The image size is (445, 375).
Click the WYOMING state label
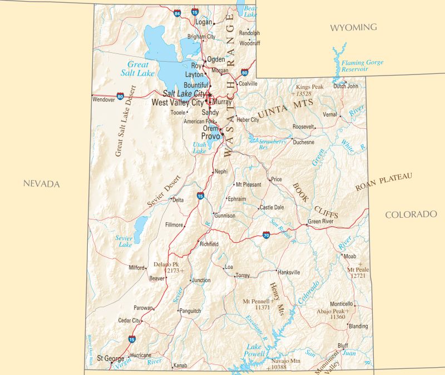(353, 27)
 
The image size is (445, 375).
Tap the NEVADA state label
(41, 184)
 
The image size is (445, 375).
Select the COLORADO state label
(411, 214)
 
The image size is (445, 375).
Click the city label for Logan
(204, 22)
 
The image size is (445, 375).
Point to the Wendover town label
(103, 100)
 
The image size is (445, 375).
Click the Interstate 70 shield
(266, 235)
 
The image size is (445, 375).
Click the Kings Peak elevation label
(310, 88)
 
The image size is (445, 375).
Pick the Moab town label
(350, 257)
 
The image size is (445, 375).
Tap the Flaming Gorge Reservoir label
(363, 66)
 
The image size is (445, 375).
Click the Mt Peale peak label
(358, 272)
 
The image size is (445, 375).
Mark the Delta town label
(178, 200)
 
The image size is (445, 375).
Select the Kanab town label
(180, 366)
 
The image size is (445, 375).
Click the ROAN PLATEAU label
(384, 182)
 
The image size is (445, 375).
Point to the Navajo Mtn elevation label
(285, 364)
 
